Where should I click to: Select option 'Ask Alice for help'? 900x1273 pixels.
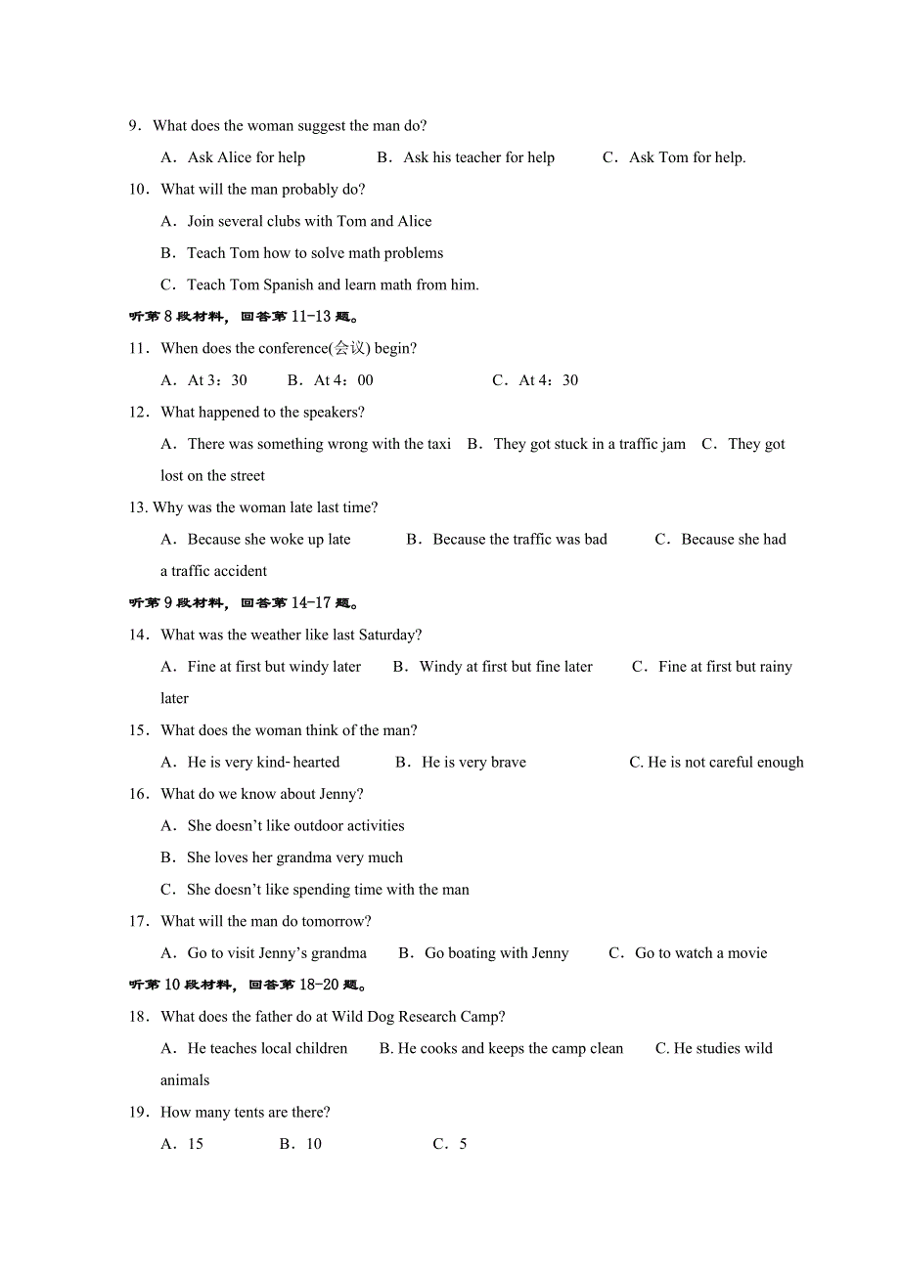point(246,157)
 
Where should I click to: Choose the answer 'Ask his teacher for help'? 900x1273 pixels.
point(478,157)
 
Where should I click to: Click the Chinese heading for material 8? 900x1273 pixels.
point(244,317)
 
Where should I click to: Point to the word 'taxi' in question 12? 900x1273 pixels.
point(439,444)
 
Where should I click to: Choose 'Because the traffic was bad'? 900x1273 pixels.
point(519,539)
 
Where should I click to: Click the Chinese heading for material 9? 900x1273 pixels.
point(244,603)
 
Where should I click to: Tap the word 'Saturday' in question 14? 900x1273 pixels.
point(387,635)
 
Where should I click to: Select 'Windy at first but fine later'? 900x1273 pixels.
point(506,667)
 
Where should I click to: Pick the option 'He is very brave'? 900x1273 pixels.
point(473,762)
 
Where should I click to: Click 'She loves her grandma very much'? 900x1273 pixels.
point(294,857)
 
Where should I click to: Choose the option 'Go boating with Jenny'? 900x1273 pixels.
point(496,953)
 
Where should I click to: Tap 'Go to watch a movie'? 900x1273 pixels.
point(700,953)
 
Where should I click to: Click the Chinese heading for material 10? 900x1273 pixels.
point(248,985)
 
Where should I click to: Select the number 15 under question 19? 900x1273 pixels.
point(196,1144)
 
